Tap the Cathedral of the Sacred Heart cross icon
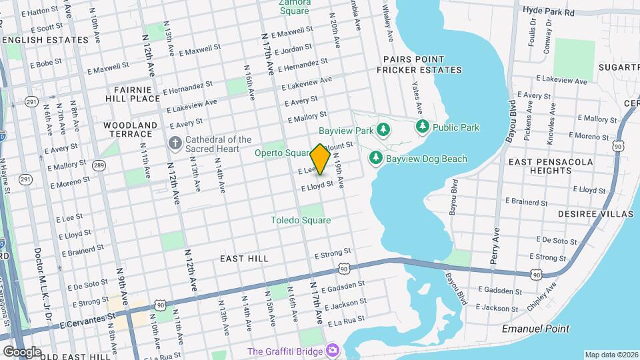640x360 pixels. [x=175, y=143]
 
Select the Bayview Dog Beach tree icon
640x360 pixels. [x=376, y=158]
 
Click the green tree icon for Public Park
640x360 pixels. [x=421, y=127]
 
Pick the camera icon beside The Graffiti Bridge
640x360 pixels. [x=331, y=351]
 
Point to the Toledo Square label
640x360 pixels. [x=301, y=220]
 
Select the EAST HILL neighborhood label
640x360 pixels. [x=245, y=258]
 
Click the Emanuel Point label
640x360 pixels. [x=536, y=329]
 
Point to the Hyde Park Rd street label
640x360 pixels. [x=549, y=12]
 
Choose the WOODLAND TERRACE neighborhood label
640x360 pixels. [x=131, y=129]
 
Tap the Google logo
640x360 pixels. [x=21, y=351]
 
